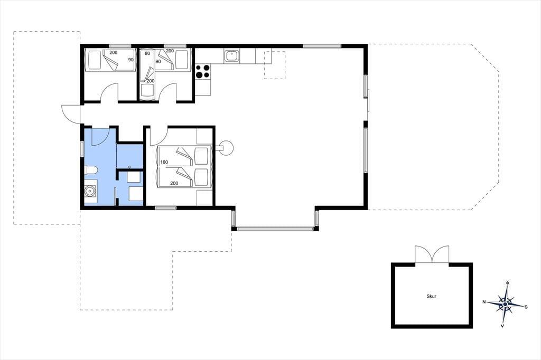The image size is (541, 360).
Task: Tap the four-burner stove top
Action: pyautogui.click(x=202, y=72)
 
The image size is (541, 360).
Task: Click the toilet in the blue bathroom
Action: pyautogui.click(x=91, y=170)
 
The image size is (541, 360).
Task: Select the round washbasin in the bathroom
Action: pyautogui.click(x=90, y=191)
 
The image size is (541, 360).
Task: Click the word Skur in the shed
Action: pyautogui.click(x=431, y=296)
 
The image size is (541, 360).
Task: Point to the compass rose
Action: pyautogui.click(x=505, y=304)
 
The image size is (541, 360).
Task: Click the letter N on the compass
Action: pyautogui.click(x=484, y=302)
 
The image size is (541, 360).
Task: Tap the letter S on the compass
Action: pyautogui.click(x=526, y=307)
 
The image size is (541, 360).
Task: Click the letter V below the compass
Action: pyautogui.click(x=503, y=326)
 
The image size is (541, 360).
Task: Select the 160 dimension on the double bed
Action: pyautogui.click(x=164, y=162)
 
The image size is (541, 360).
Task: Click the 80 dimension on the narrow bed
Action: pyautogui.click(x=147, y=53)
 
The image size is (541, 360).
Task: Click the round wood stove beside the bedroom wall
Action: pyautogui.click(x=227, y=148)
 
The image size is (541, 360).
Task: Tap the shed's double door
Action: pyautogui.click(x=432, y=254)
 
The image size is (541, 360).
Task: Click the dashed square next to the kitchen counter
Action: pyautogui.click(x=275, y=65)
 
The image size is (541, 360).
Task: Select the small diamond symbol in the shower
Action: pyautogui.click(x=129, y=167)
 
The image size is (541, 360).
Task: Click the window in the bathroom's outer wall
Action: pyautogui.click(x=82, y=149)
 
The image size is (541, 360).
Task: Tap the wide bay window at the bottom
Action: pyautogui.click(x=275, y=228)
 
